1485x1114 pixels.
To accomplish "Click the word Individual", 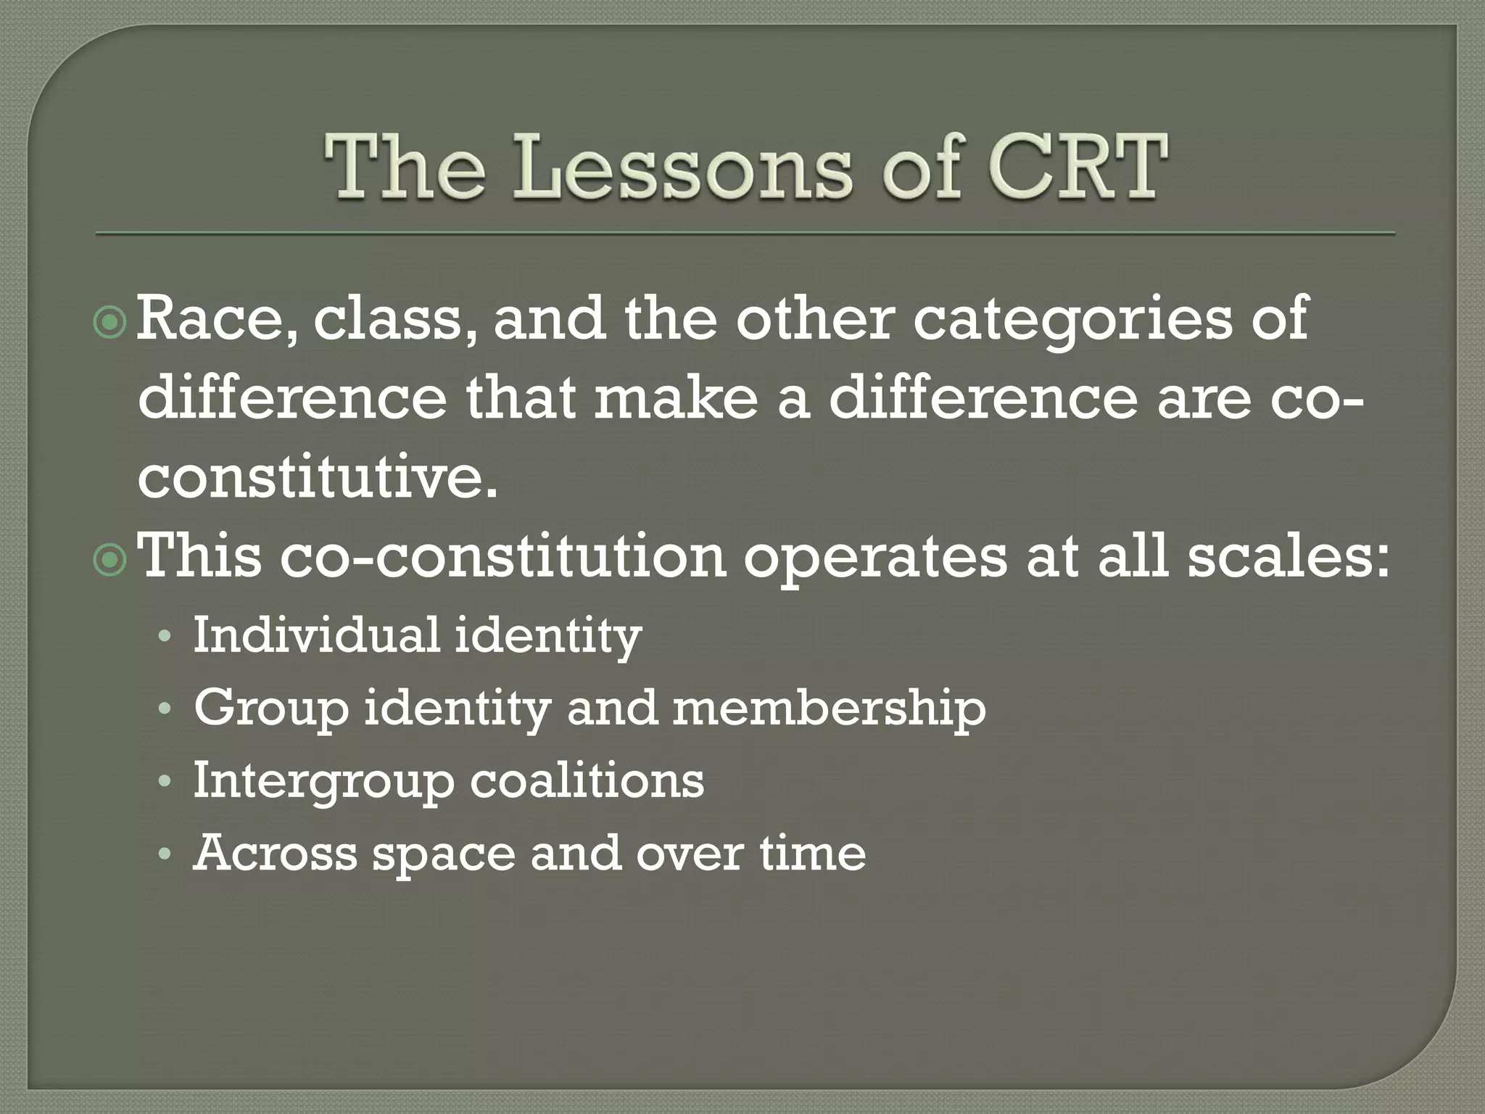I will [316, 634].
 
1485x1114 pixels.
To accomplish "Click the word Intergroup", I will [322, 782].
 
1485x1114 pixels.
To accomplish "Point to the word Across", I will [275, 853].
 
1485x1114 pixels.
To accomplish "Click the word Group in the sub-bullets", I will [270, 709].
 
